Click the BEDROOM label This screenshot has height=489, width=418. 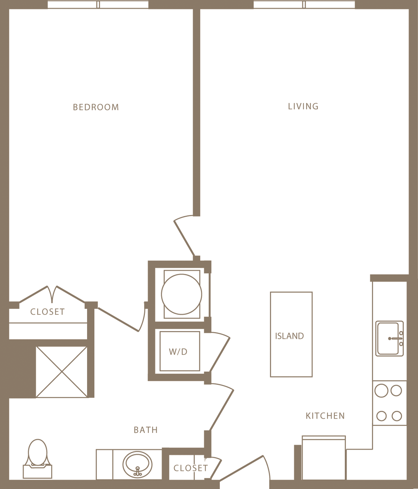(96, 107)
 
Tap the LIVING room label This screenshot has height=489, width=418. (303, 106)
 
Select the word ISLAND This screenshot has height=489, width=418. (290, 336)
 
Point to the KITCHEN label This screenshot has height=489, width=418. (325, 416)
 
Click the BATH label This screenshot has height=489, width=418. (146, 430)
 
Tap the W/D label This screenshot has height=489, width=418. (178, 351)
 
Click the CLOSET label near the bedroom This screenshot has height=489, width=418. (47, 312)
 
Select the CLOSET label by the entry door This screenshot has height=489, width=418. (190, 468)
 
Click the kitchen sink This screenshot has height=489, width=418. (389, 338)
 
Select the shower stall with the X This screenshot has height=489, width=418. (62, 372)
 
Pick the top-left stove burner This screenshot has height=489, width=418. (381, 390)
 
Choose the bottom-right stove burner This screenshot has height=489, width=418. (397, 416)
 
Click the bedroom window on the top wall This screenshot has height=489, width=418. (98, 5)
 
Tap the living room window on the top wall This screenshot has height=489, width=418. (304, 5)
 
